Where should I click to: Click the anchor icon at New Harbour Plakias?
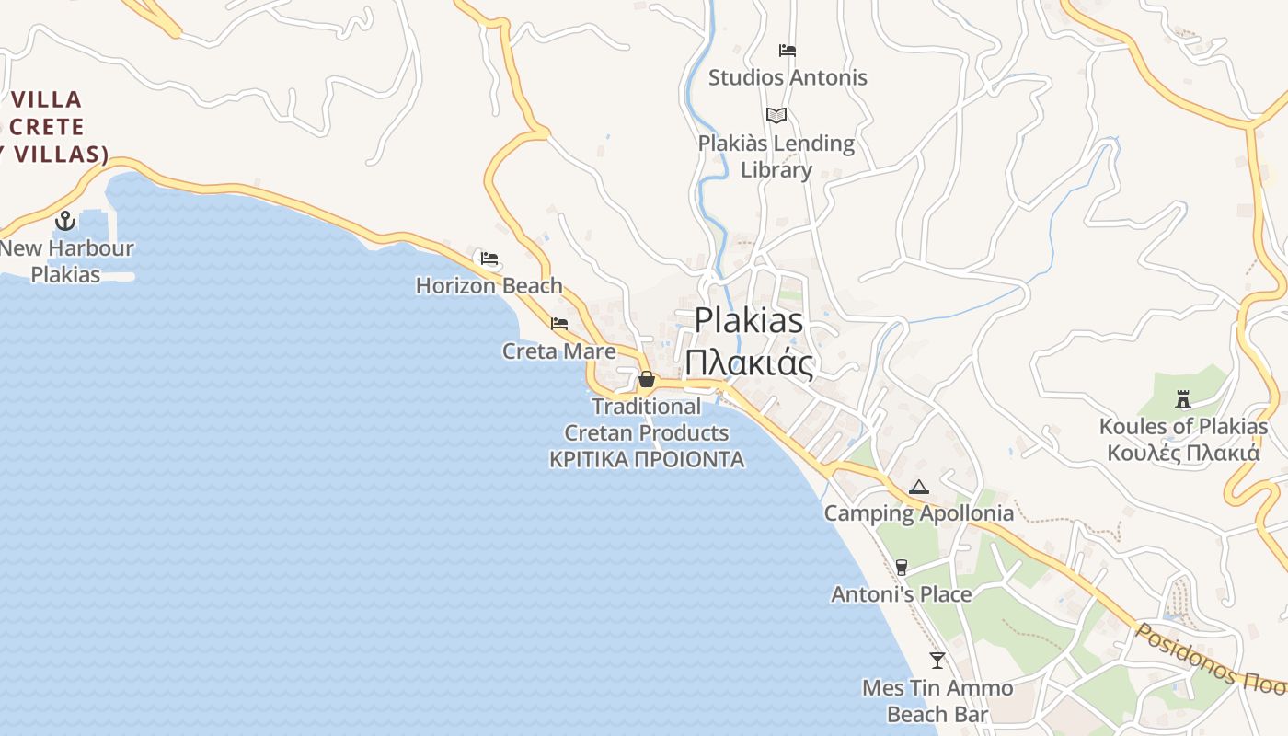click(x=64, y=221)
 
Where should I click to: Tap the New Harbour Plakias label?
click(x=66, y=261)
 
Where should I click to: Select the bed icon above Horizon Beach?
click(x=489, y=259)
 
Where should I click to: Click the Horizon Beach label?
click(x=489, y=285)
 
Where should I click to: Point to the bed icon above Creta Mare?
click(x=559, y=324)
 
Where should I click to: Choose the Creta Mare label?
click(x=559, y=351)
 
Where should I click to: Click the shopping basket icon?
click(x=647, y=379)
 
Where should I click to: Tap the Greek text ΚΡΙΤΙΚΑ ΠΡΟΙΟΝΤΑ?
click(x=647, y=459)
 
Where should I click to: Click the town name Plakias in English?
click(x=749, y=321)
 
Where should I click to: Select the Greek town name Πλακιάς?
click(x=749, y=363)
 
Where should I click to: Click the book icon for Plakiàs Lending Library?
click(x=776, y=116)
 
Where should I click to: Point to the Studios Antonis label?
click(x=788, y=77)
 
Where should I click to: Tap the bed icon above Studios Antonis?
click(x=788, y=50)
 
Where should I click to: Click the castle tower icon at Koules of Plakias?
click(x=1183, y=399)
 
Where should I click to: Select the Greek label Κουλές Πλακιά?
click(x=1183, y=453)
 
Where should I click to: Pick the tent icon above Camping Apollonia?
click(x=918, y=487)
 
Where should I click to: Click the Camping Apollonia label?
click(x=918, y=513)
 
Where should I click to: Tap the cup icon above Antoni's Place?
click(x=902, y=568)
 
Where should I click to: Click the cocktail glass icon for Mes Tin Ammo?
click(x=937, y=660)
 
